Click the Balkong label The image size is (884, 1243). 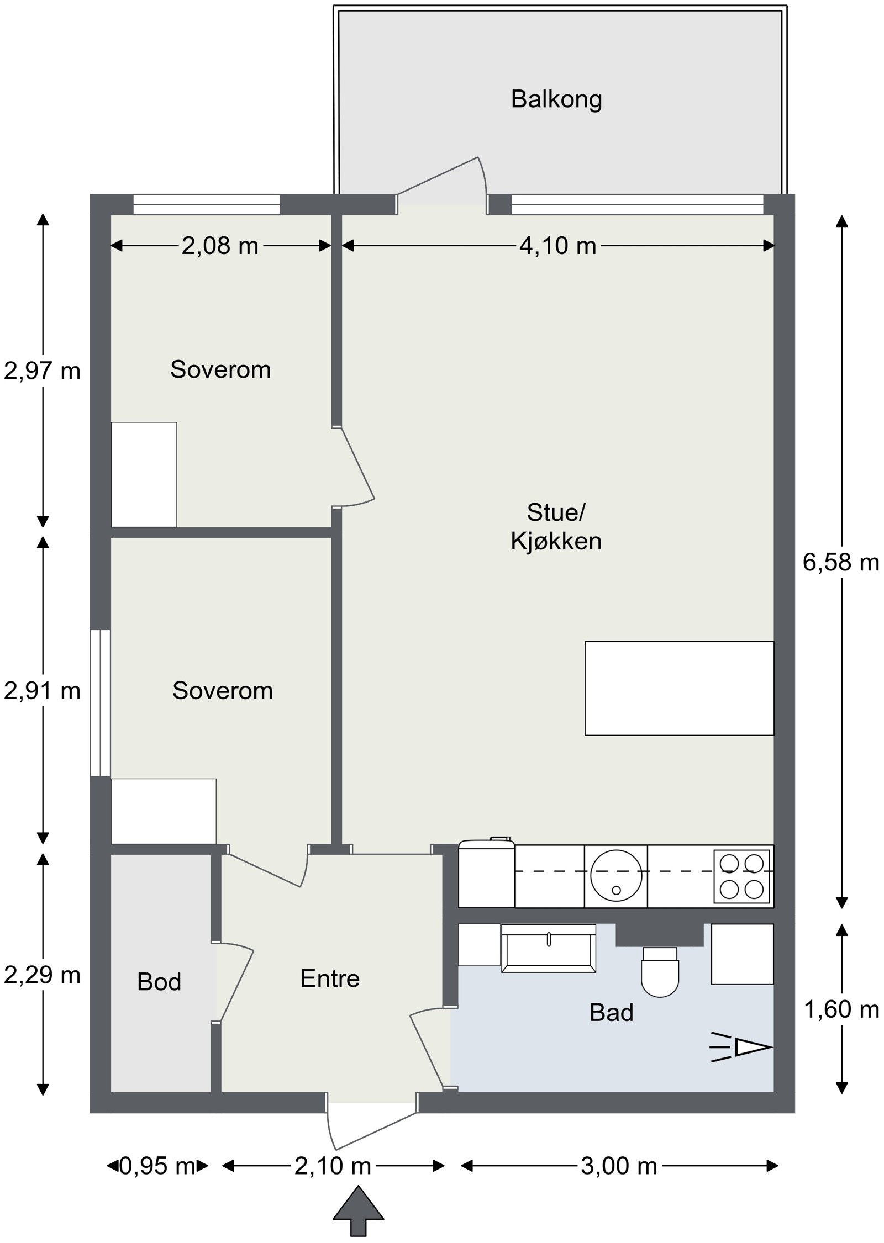tap(556, 99)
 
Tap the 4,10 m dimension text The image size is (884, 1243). tap(557, 246)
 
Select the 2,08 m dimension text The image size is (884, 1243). tap(220, 246)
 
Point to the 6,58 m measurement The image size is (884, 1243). tap(840, 563)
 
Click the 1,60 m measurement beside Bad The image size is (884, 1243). tap(840, 1010)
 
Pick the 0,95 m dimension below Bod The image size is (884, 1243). tap(157, 1166)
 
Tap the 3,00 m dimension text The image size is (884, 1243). tap(619, 1166)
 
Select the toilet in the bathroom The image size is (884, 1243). tap(660, 972)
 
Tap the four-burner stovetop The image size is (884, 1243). tap(741, 876)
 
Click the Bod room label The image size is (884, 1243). tap(159, 982)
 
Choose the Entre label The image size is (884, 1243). tap(330, 978)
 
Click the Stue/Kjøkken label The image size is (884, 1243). tap(555, 527)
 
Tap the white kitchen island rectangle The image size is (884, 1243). tap(678, 688)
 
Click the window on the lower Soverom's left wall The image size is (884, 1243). tap(101, 702)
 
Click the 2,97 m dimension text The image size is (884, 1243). tap(42, 371)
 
